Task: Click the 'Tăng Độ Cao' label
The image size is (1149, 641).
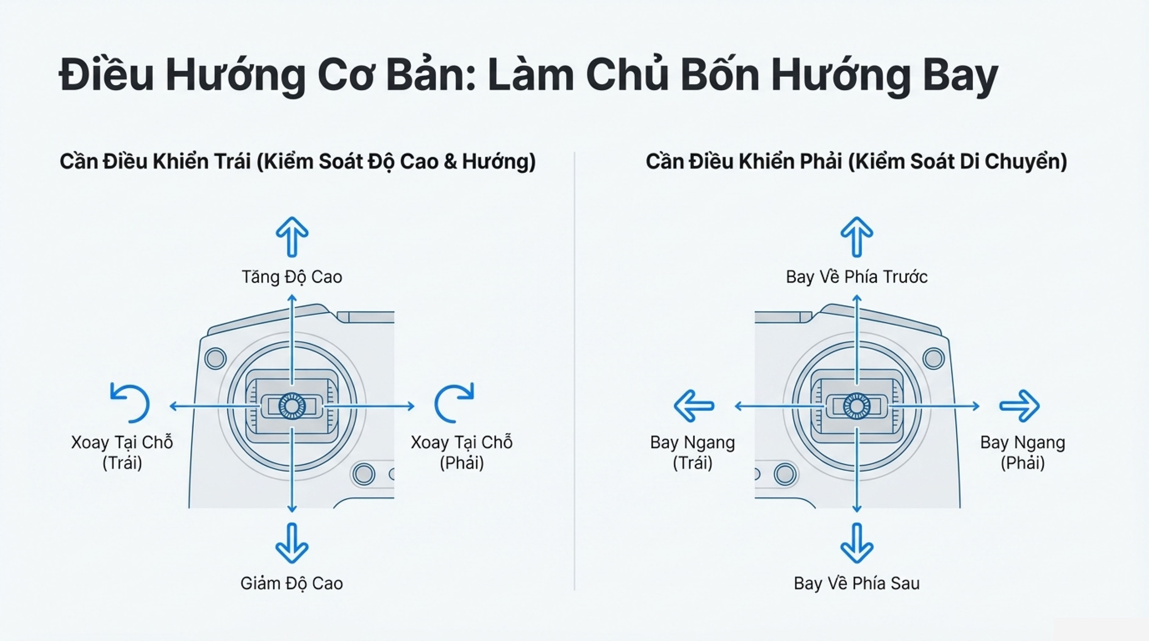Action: [x=292, y=277]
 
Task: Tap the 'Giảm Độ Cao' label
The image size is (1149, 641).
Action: [x=292, y=583]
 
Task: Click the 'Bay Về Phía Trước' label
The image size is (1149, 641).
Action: [x=856, y=277]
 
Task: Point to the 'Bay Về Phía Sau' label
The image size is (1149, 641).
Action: [x=856, y=583]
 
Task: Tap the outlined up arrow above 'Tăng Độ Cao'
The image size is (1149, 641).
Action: [x=292, y=236]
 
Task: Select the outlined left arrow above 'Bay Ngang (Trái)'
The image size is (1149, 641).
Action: [x=694, y=406]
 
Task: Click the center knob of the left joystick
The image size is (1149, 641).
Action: [x=292, y=406]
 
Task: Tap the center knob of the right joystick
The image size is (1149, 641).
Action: [x=856, y=406]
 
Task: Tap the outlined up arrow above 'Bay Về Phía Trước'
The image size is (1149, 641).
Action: [x=856, y=236]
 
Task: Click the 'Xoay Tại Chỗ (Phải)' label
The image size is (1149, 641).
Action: [x=462, y=452]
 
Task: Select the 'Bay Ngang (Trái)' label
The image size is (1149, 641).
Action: [x=692, y=452]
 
